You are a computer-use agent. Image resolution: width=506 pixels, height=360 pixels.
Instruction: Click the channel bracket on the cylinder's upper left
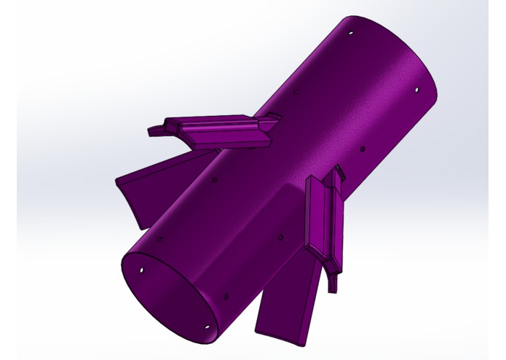point(218,131)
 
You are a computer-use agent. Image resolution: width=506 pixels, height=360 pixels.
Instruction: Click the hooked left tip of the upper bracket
point(154,131)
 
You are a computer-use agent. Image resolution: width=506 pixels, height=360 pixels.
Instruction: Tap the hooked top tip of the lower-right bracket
point(339,173)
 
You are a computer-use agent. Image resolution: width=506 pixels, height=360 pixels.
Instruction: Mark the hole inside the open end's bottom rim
point(207,326)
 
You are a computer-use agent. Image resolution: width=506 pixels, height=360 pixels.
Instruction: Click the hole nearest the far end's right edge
point(416,90)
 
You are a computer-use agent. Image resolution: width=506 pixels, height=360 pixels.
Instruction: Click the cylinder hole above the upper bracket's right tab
point(296,91)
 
